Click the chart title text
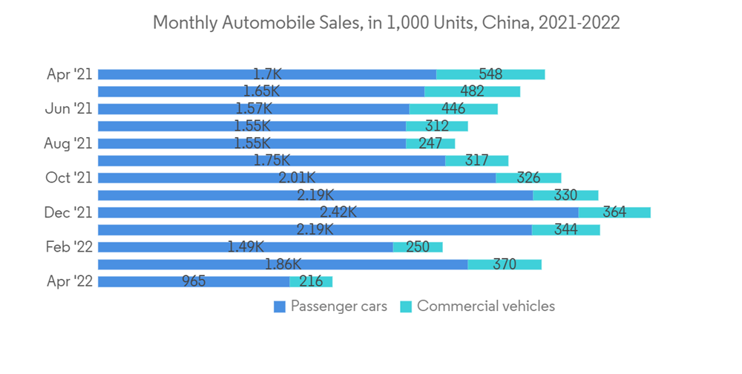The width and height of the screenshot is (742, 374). pyautogui.click(x=386, y=23)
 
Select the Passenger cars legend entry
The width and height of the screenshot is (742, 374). pyautogui.click(x=331, y=306)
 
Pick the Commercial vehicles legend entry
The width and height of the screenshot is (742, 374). pyautogui.click(x=478, y=306)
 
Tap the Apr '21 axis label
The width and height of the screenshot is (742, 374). pyautogui.click(x=69, y=74)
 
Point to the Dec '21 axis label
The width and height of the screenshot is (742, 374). pyautogui.click(x=68, y=212)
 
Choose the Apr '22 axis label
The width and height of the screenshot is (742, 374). pyautogui.click(x=69, y=281)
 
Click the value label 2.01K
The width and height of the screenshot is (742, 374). pyautogui.click(x=297, y=178)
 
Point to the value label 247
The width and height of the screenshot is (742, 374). pyautogui.click(x=430, y=143)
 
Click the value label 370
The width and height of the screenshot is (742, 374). pyautogui.click(x=505, y=264)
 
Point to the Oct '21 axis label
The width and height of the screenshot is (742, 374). pyautogui.click(x=68, y=178)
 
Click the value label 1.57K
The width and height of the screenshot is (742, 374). pyautogui.click(x=252, y=109)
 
